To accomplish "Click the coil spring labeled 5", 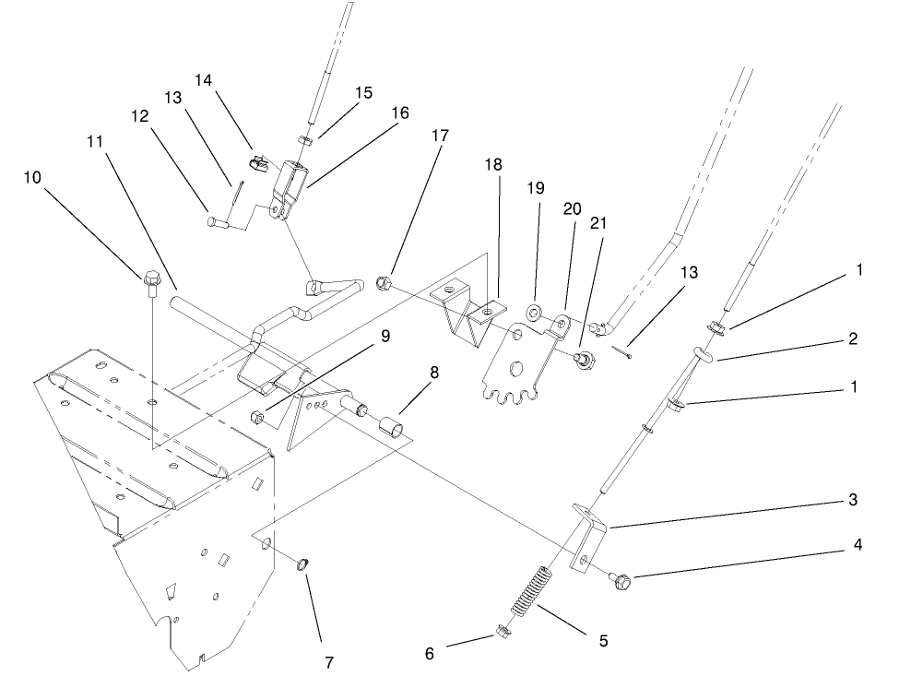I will [534, 589].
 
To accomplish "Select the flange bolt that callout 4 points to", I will [620, 580].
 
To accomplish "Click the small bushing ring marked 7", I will [302, 563].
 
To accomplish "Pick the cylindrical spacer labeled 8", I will [390, 430].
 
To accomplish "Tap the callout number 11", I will [96, 142].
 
